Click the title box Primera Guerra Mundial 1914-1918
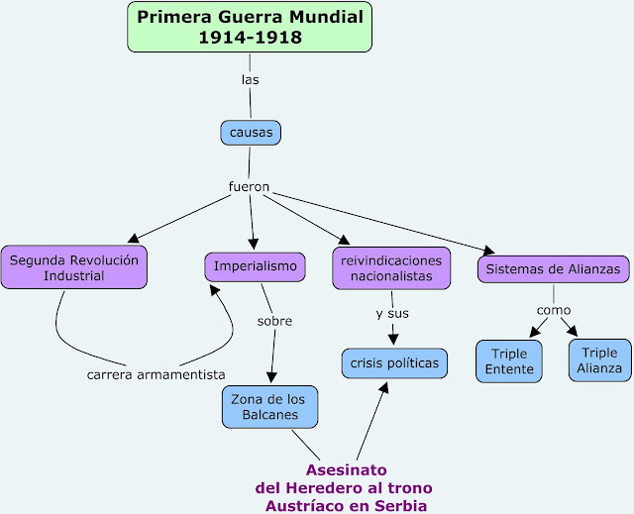[x=250, y=28]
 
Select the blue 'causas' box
[x=251, y=132]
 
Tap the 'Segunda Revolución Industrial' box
[x=73, y=267]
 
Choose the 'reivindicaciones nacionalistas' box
[x=391, y=267]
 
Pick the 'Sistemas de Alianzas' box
[x=553, y=268]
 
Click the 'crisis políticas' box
[x=394, y=363]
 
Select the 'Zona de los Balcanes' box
[x=269, y=406]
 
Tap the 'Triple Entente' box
[x=509, y=361]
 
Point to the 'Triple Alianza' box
[x=599, y=360]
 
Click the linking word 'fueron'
[x=249, y=186]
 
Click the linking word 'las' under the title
[x=250, y=78]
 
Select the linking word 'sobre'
[x=274, y=321]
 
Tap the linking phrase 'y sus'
[x=392, y=314]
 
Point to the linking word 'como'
[x=554, y=310]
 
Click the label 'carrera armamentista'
[x=156, y=373]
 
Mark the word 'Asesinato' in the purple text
[x=346, y=469]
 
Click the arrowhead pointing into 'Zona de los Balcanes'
[x=270, y=379]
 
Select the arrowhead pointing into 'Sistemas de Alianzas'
[x=487, y=250]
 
